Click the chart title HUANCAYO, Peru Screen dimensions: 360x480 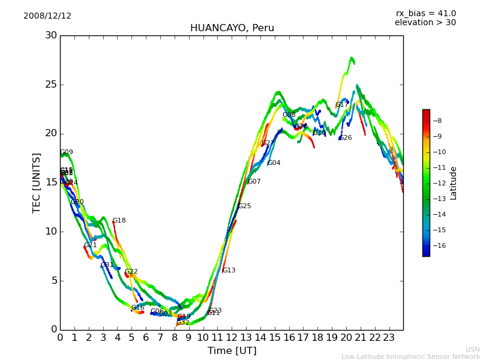coord(232,28)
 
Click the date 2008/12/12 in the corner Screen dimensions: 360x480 coord(47,16)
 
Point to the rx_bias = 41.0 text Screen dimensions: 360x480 coord(425,14)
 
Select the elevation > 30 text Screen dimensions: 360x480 coord(425,23)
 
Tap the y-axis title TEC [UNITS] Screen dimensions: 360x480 coord(37,182)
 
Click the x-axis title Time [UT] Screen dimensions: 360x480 coord(232,351)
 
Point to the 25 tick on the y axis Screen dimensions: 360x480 coord(52,85)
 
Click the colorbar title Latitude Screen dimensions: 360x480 coord(454,183)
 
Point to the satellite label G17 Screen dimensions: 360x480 coord(342,105)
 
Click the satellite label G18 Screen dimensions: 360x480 coord(119,221)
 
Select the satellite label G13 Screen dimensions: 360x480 coord(229,271)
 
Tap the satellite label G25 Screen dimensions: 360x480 coord(245,206)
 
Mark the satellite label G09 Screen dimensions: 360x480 coord(67,152)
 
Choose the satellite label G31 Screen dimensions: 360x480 coord(107,265)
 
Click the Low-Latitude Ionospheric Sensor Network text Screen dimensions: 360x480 coord(410,357)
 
